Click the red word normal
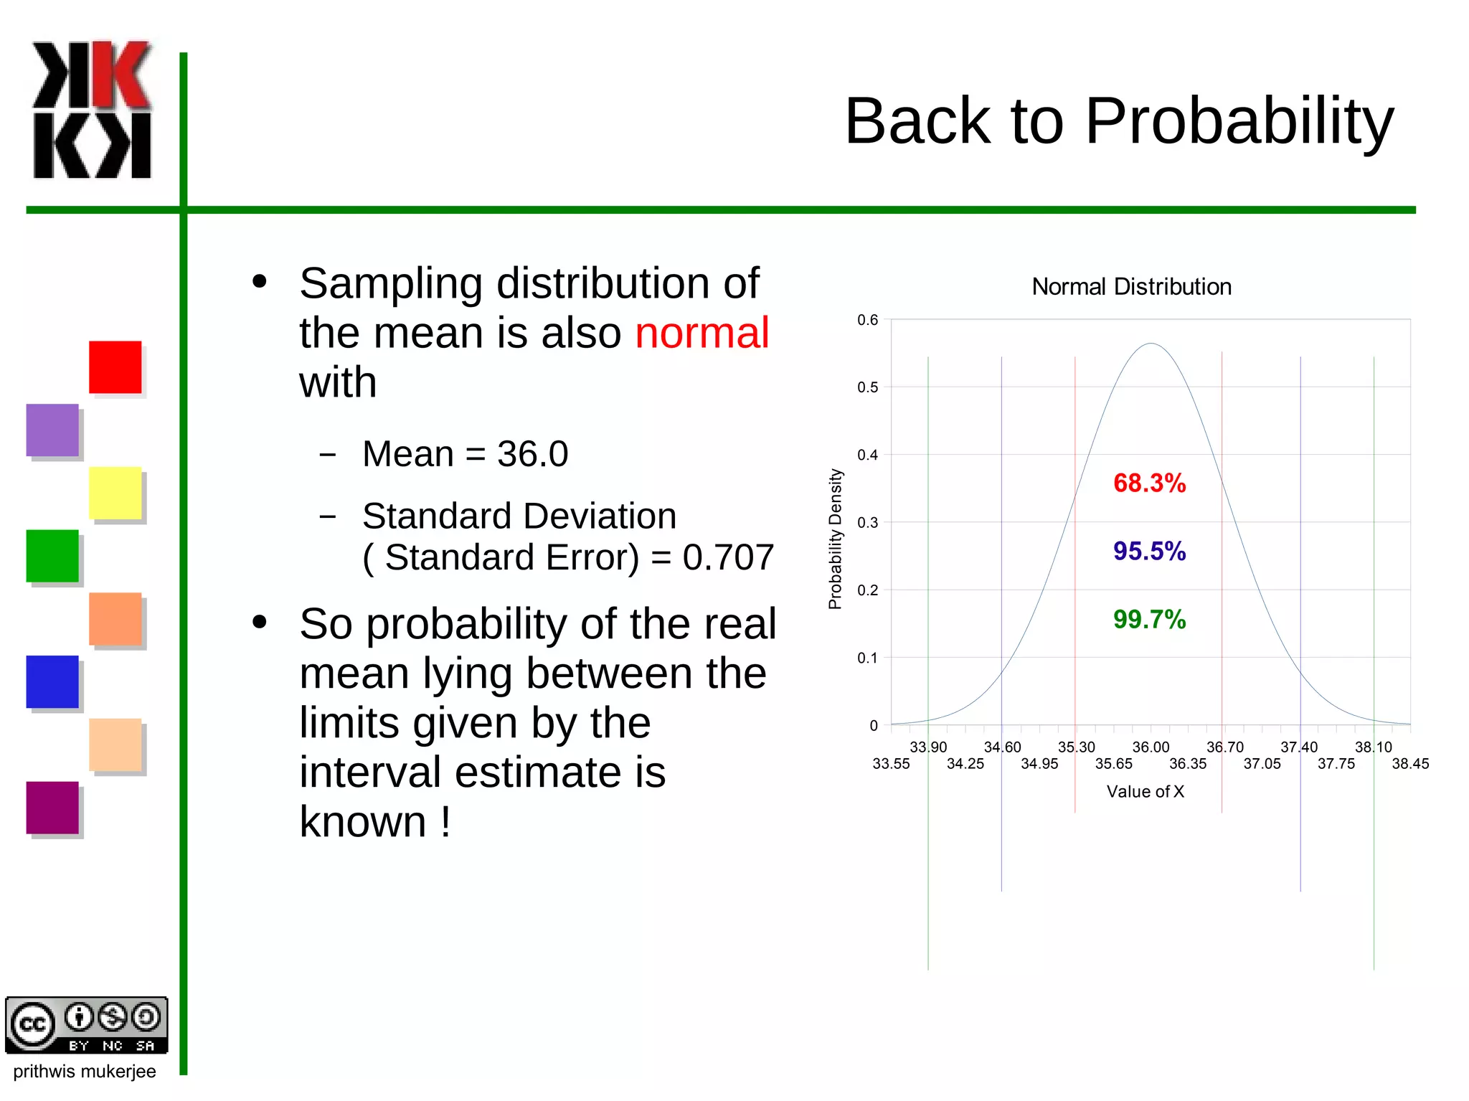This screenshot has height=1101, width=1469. click(702, 333)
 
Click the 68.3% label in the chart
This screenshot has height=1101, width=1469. click(1149, 483)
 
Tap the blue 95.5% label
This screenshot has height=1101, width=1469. click(1149, 552)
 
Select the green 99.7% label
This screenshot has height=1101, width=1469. click(1149, 620)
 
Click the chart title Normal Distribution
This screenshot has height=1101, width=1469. click(1131, 287)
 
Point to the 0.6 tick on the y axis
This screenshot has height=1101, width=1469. click(867, 320)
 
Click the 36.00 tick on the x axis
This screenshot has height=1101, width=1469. click(1151, 747)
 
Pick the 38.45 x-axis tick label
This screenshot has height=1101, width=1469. click(1409, 764)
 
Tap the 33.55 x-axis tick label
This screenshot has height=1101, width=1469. click(891, 764)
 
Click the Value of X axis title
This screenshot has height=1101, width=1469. click(1145, 792)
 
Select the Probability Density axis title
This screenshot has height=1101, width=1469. click(835, 539)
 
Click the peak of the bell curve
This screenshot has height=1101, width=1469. click(1151, 344)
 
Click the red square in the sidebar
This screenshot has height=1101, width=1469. click(115, 367)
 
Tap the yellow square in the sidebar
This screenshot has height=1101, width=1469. click(115, 493)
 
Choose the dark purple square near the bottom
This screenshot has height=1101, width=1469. click(52, 808)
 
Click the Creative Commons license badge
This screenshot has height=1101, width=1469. click(87, 1025)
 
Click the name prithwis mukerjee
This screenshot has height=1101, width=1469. click(85, 1072)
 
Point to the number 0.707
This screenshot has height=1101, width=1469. click(728, 557)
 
